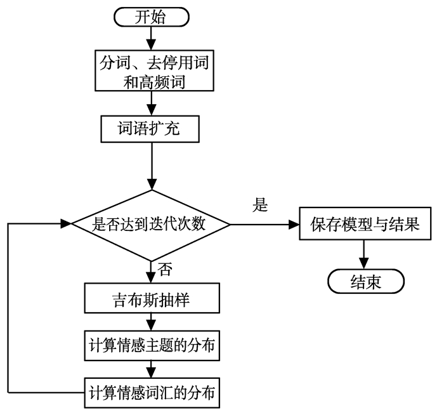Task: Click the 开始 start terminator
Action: [150, 17]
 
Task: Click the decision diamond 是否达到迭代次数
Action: [151, 224]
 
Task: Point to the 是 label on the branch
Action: [261, 205]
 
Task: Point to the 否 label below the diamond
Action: [165, 269]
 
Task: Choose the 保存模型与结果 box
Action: [365, 224]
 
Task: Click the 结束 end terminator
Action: [365, 282]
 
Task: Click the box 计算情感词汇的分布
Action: [151, 394]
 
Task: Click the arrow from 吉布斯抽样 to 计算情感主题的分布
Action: [151, 321]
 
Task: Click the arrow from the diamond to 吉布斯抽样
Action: [151, 270]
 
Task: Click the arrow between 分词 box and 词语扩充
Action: [150, 104]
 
